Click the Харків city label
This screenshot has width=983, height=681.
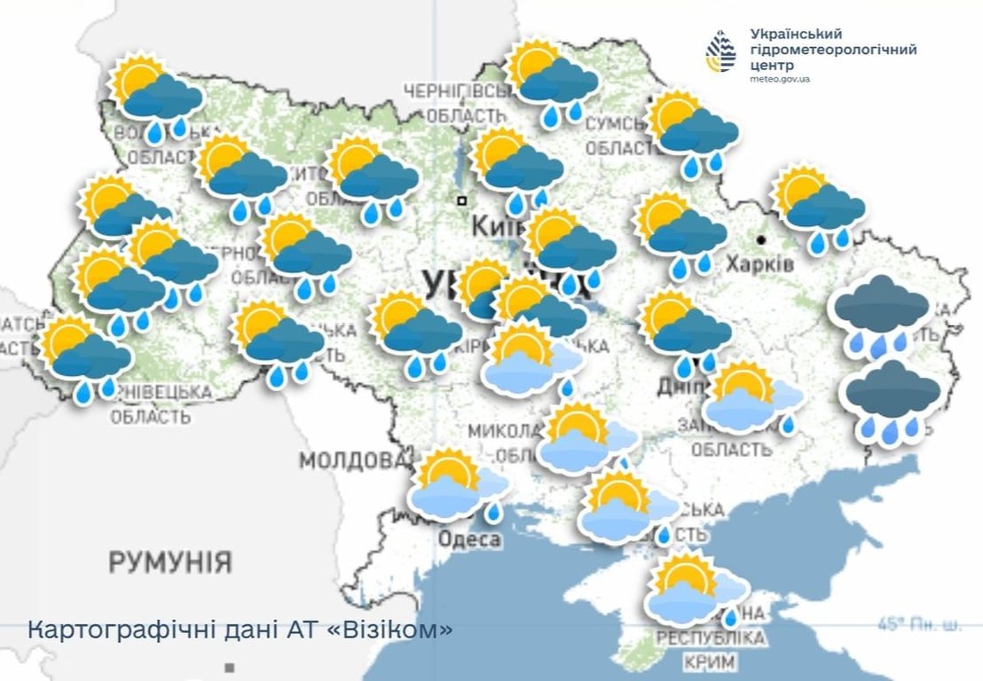pyautogui.click(x=759, y=263)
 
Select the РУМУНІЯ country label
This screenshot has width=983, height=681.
pyautogui.click(x=170, y=561)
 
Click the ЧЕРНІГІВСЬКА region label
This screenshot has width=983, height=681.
pyautogui.click(x=454, y=91)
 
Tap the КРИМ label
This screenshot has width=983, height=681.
pyautogui.click(x=710, y=661)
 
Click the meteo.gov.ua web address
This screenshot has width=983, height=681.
pyautogui.click(x=780, y=80)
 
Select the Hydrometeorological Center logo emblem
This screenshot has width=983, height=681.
pyautogui.click(x=720, y=51)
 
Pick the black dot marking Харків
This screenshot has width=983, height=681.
pyautogui.click(x=761, y=239)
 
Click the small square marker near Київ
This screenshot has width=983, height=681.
pyautogui.click(x=461, y=200)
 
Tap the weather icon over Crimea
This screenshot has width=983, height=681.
pyautogui.click(x=696, y=590)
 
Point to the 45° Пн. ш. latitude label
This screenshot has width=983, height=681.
pyautogui.click(x=919, y=624)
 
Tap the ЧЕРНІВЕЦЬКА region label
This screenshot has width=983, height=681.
pyautogui.click(x=161, y=391)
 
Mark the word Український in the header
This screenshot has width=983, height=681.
pyautogui.click(x=795, y=34)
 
